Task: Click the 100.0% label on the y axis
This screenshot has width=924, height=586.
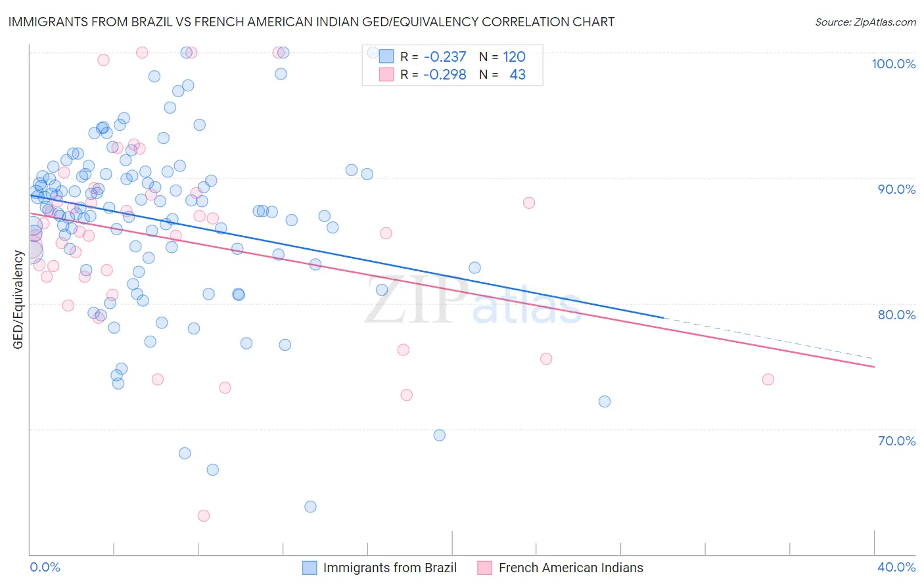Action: [893, 64]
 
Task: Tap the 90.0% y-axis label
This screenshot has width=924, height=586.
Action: [896, 189]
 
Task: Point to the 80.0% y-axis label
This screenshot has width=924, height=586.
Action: [896, 315]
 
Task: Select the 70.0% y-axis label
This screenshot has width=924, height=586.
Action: [896, 441]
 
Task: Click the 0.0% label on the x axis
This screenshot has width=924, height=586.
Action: [45, 567]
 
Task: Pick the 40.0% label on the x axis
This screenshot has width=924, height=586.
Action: [896, 567]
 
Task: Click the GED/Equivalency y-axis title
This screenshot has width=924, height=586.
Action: [18, 300]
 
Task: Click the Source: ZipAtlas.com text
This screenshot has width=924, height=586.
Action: [865, 22]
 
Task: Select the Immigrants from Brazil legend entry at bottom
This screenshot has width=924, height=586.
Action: [390, 568]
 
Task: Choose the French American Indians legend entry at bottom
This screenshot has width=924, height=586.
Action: [570, 568]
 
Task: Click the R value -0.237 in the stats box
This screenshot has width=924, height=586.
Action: [444, 57]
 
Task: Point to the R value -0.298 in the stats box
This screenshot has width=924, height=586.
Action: [444, 75]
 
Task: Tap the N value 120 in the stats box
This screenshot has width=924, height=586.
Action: [514, 57]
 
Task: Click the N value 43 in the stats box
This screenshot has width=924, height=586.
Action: [517, 75]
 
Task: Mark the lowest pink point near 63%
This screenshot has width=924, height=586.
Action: [204, 516]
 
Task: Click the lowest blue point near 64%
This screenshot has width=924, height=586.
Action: [310, 507]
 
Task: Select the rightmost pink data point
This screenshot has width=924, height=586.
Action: [768, 379]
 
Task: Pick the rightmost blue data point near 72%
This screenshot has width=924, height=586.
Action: [605, 401]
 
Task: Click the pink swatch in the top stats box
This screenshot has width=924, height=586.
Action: [386, 75]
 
